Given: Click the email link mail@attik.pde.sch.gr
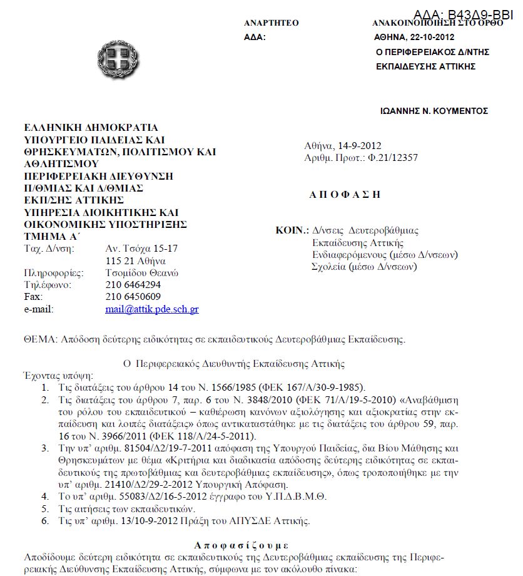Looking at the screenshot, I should (152, 309).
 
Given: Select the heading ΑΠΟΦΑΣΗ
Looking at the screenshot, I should (345, 194).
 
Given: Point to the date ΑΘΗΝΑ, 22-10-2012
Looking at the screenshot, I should (414, 37).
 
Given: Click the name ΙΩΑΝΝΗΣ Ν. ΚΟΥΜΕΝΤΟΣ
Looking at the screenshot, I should (434, 111).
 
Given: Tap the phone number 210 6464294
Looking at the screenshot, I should (133, 285).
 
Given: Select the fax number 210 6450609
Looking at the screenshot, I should (133, 297).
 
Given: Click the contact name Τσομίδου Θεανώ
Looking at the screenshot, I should (143, 272).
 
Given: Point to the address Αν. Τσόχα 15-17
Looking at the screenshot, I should (142, 248).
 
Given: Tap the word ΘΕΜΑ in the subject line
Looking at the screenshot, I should (39, 340).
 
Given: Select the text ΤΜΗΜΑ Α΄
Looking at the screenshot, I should (52, 236).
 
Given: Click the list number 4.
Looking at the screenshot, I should (45, 496).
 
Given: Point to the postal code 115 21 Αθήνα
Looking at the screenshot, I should (136, 260).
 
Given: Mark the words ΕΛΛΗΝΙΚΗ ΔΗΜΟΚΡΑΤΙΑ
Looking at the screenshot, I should (91, 128).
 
